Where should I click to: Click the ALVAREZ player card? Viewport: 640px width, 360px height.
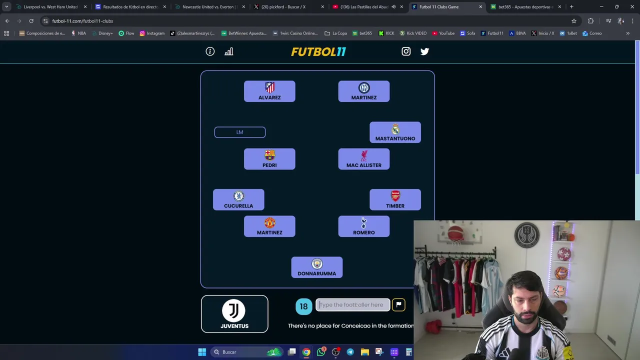[x=269, y=91]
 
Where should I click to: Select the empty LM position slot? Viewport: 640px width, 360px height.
[x=240, y=132]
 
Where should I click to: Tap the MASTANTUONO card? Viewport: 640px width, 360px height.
[x=395, y=132]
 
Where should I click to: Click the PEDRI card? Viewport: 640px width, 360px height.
[x=269, y=159]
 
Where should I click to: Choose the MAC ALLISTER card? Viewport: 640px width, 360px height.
[x=364, y=159]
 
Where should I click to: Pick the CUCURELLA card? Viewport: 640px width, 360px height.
[x=238, y=199]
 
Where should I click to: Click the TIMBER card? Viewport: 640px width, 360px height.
[x=395, y=199]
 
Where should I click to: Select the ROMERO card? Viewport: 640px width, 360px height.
[x=364, y=226]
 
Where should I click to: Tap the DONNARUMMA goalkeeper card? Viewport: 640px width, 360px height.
[x=317, y=267]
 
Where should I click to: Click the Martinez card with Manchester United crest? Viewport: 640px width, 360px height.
[x=269, y=226]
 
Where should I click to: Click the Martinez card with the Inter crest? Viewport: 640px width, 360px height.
[x=364, y=91]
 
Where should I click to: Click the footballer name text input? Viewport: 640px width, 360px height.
[x=353, y=305]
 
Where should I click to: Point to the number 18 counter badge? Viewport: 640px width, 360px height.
[x=303, y=306]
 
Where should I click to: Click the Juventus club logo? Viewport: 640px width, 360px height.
[x=234, y=310]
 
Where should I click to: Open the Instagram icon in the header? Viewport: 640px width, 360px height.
[x=406, y=51]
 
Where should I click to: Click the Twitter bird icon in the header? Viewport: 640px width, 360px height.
[x=424, y=51]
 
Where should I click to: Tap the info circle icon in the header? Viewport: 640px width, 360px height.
[x=210, y=51]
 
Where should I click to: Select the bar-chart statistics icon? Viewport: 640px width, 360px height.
[x=229, y=51]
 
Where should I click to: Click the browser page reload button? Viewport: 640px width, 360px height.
[x=31, y=21]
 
